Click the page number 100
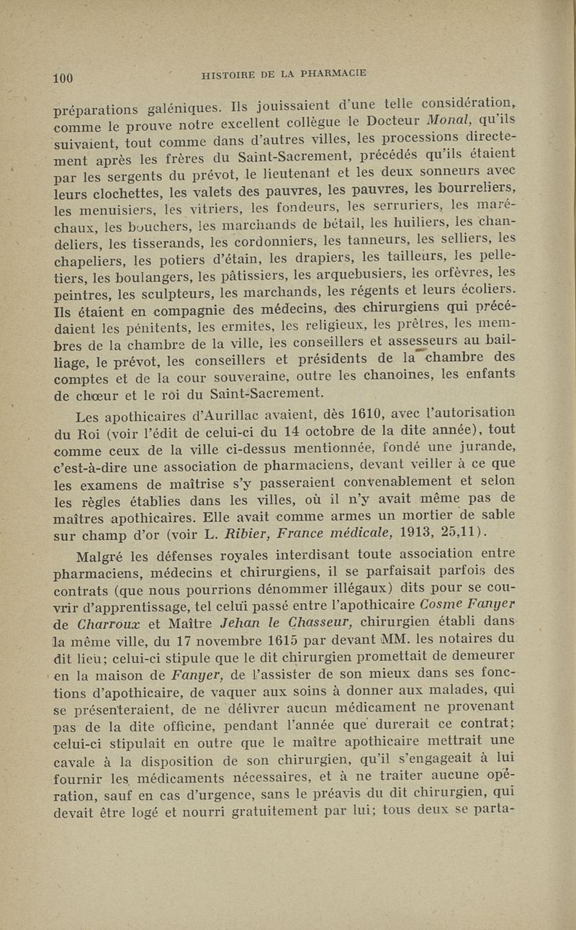click(63, 78)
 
